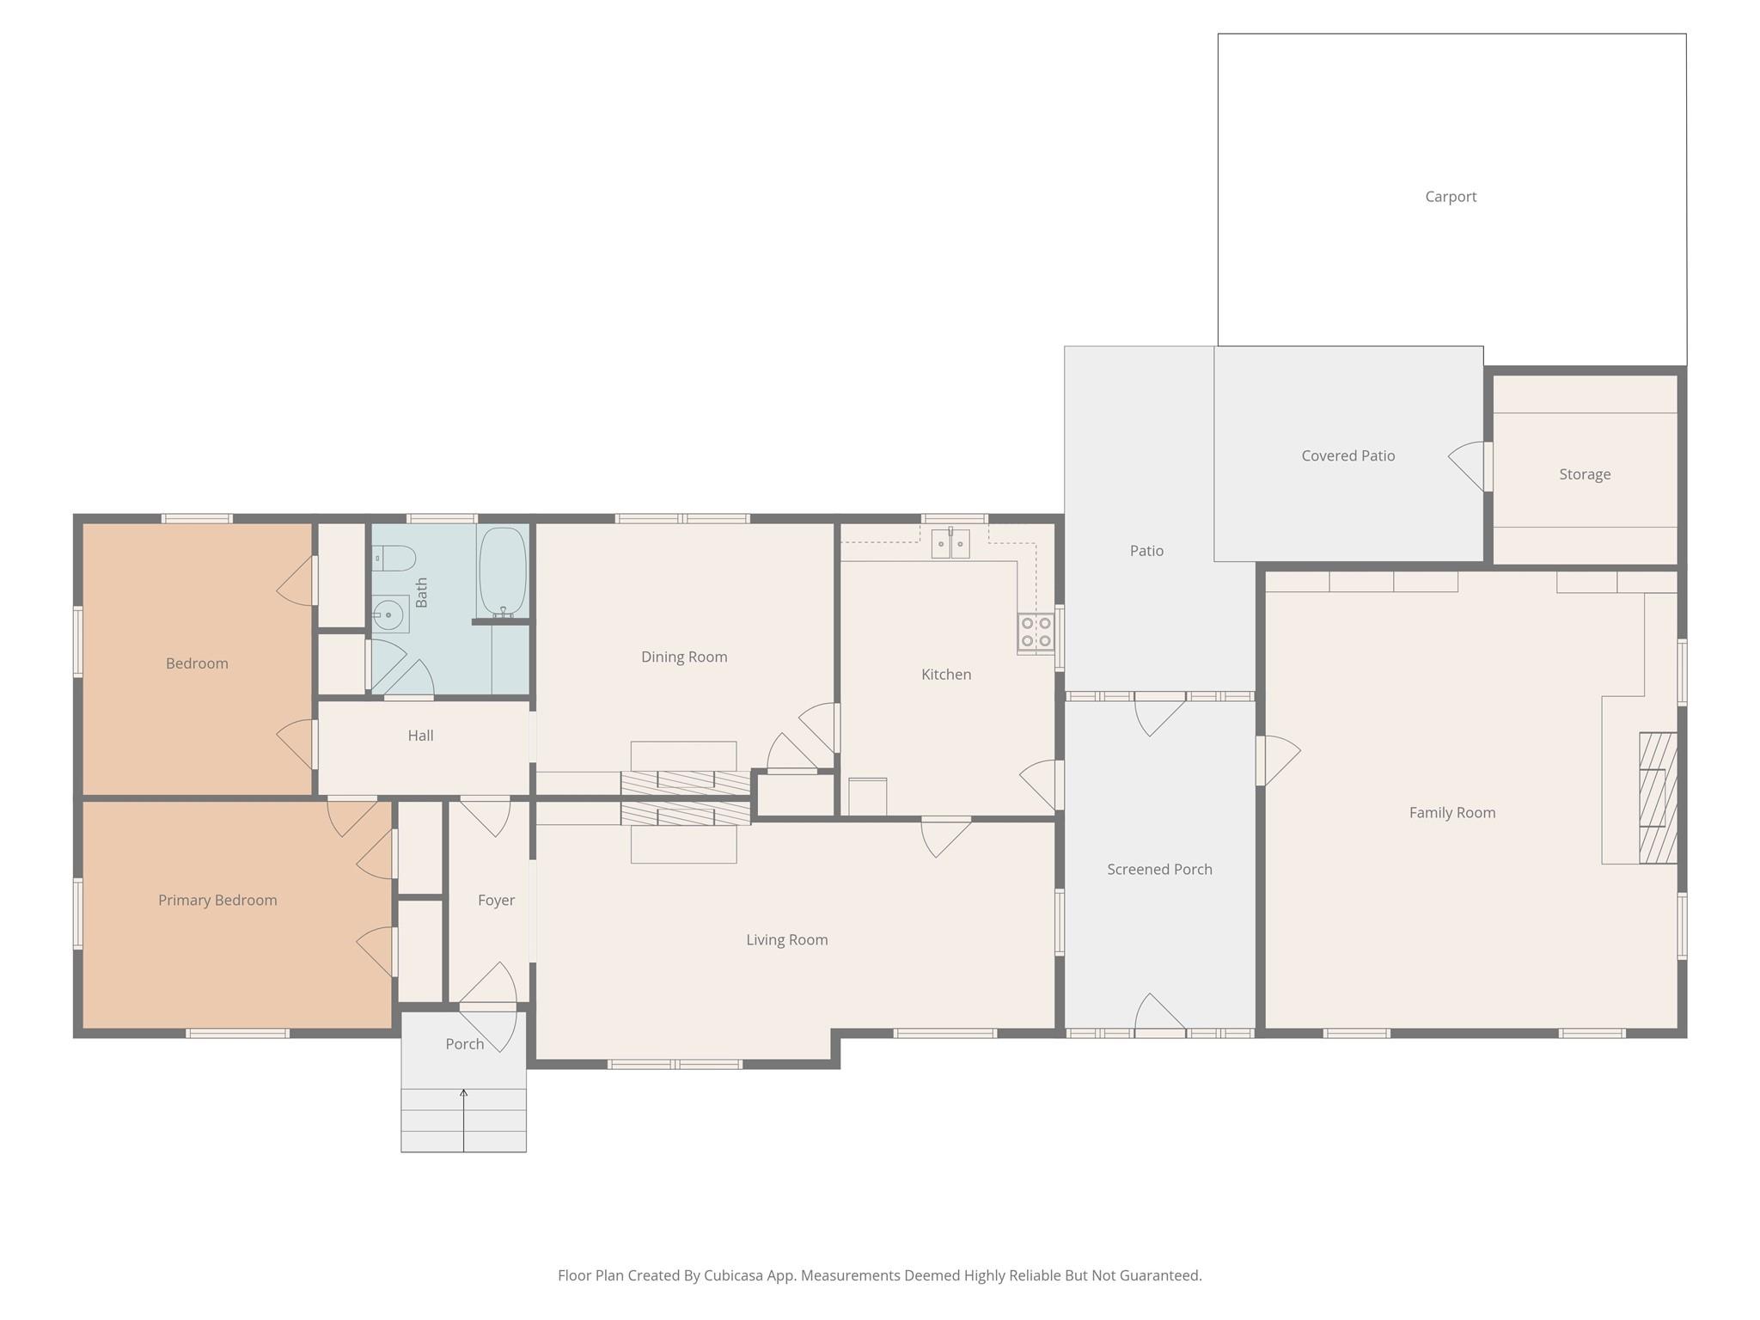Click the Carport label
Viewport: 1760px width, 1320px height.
coord(1451,197)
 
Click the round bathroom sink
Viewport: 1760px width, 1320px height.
coord(389,614)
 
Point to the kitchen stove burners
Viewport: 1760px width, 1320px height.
coord(1036,632)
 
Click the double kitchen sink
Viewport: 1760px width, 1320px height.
coord(950,543)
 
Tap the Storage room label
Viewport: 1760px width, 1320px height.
coord(1585,474)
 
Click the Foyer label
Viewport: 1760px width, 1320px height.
coord(496,900)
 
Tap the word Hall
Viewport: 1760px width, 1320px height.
coord(420,736)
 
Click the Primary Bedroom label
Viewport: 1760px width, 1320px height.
coord(217,900)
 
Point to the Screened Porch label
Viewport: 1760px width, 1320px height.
coord(1159,869)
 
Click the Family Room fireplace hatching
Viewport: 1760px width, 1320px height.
coord(1658,797)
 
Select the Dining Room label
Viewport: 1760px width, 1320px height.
coord(684,657)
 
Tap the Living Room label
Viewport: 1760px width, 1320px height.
coord(786,939)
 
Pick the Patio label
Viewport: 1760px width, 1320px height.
coord(1146,551)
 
